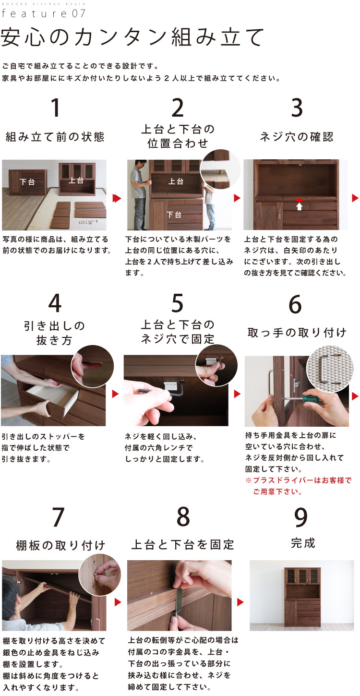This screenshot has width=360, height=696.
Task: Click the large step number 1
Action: click(x=55, y=108)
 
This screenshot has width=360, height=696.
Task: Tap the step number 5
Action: click(x=177, y=303)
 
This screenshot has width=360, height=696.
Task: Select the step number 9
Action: click(x=300, y=517)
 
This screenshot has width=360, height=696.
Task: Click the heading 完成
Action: click(x=303, y=543)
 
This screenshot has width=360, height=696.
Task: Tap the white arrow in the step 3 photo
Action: click(x=299, y=206)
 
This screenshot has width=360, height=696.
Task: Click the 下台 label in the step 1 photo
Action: click(x=27, y=182)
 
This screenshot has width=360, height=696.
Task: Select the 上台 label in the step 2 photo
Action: click(x=176, y=181)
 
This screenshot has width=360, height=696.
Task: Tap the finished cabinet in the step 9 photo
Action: click(x=302, y=595)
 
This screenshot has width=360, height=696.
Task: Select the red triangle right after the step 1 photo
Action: click(x=116, y=198)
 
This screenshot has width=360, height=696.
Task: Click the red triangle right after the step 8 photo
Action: click(x=240, y=602)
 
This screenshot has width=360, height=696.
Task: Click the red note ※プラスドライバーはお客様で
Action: click(x=298, y=480)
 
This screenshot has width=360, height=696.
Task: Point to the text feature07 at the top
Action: click(x=43, y=13)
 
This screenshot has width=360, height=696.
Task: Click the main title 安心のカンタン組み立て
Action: click(x=132, y=37)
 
